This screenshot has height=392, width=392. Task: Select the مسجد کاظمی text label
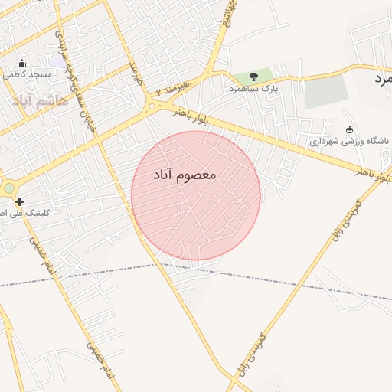[27, 74]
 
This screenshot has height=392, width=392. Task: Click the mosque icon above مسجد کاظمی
[21, 63]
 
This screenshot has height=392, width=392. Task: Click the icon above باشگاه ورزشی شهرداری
[350, 129]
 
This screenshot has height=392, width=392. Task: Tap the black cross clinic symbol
[20, 201]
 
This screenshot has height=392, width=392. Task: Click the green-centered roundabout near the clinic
[8, 188]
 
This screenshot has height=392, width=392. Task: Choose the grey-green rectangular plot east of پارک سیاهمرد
[325, 93]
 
